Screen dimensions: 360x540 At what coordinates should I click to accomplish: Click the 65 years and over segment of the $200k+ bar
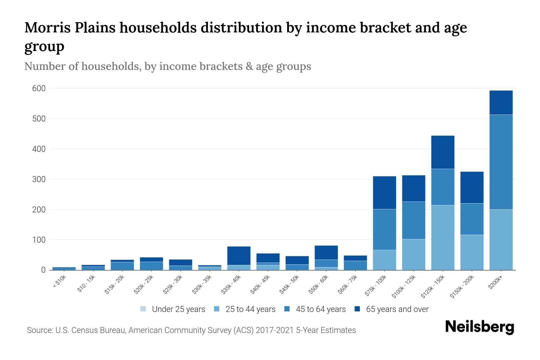[501, 103]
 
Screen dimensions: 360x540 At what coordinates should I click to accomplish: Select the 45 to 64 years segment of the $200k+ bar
[501, 162]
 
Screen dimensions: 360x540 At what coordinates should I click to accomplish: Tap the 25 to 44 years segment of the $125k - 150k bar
[442, 238]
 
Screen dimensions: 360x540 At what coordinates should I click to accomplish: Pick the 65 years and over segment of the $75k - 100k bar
[384, 193]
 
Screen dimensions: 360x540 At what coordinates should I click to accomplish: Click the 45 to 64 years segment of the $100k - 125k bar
[413, 220]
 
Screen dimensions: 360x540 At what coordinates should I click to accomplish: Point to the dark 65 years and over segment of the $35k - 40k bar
[239, 256]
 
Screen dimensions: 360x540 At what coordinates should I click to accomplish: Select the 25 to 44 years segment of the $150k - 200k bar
[472, 252]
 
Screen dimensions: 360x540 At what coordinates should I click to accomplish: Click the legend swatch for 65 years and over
[357, 309]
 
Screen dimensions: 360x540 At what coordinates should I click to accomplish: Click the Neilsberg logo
[479, 327]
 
